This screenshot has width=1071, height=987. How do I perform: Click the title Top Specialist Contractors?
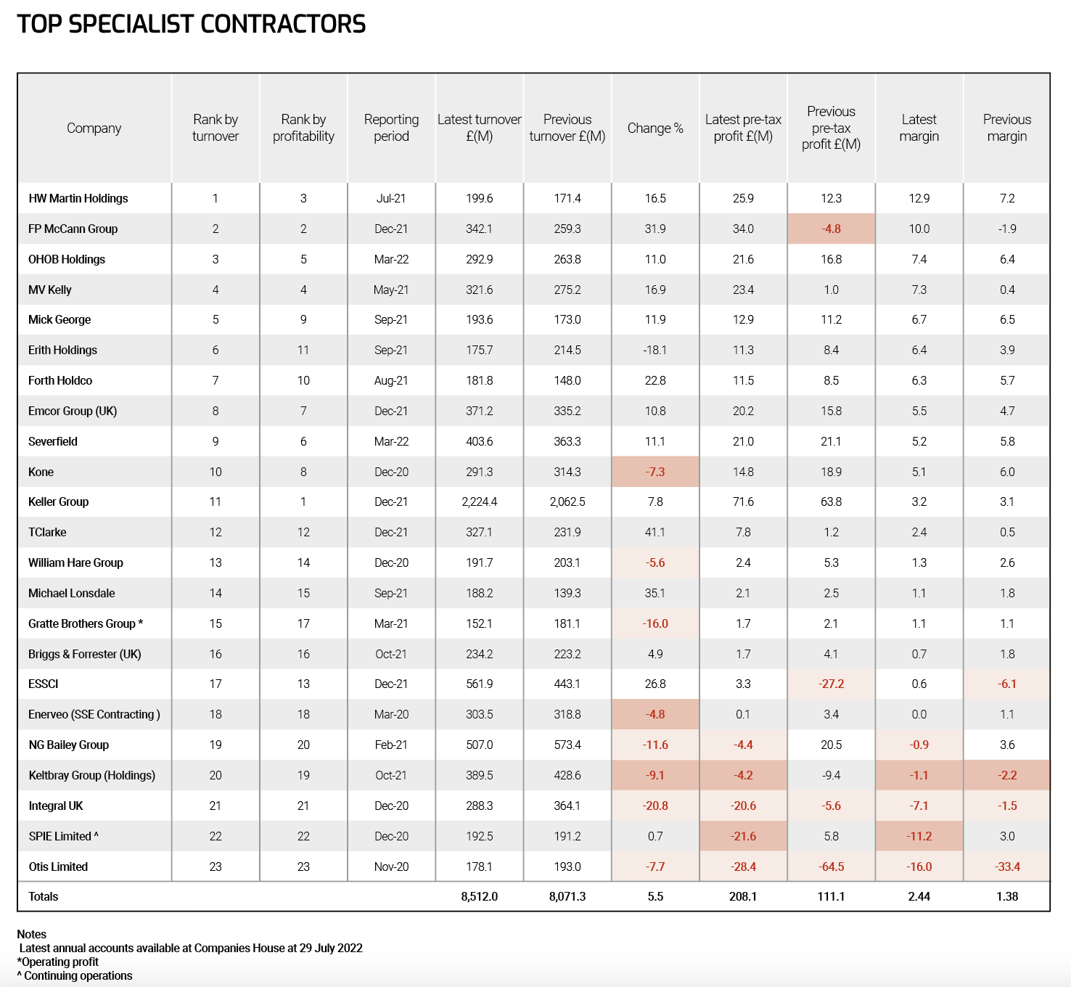click(191, 24)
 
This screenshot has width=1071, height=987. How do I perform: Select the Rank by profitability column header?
click(303, 128)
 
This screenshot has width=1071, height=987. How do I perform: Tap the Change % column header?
click(655, 128)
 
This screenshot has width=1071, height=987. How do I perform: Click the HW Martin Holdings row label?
click(78, 198)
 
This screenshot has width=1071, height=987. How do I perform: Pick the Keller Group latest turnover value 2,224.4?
click(480, 501)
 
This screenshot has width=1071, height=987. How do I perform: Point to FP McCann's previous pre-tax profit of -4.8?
click(831, 229)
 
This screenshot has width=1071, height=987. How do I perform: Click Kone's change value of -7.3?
click(655, 472)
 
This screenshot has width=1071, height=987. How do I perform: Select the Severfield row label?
click(53, 441)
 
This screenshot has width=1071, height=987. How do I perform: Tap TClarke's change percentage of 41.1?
click(655, 532)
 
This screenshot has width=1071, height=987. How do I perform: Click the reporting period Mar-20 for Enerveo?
click(391, 714)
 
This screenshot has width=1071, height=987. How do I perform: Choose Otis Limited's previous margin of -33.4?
click(1007, 867)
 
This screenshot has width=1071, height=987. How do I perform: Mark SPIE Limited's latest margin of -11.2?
click(919, 836)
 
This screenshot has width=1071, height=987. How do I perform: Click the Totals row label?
click(44, 896)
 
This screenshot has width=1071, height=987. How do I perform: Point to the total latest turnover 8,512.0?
click(480, 896)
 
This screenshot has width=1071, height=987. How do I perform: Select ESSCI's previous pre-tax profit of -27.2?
click(831, 684)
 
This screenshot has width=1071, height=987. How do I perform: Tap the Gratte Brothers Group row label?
click(86, 623)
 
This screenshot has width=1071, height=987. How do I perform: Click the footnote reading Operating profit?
click(57, 962)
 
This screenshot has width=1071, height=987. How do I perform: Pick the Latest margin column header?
click(919, 128)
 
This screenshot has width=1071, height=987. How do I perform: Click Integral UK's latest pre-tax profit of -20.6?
click(743, 806)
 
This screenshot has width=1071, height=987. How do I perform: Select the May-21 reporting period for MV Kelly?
click(391, 290)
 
